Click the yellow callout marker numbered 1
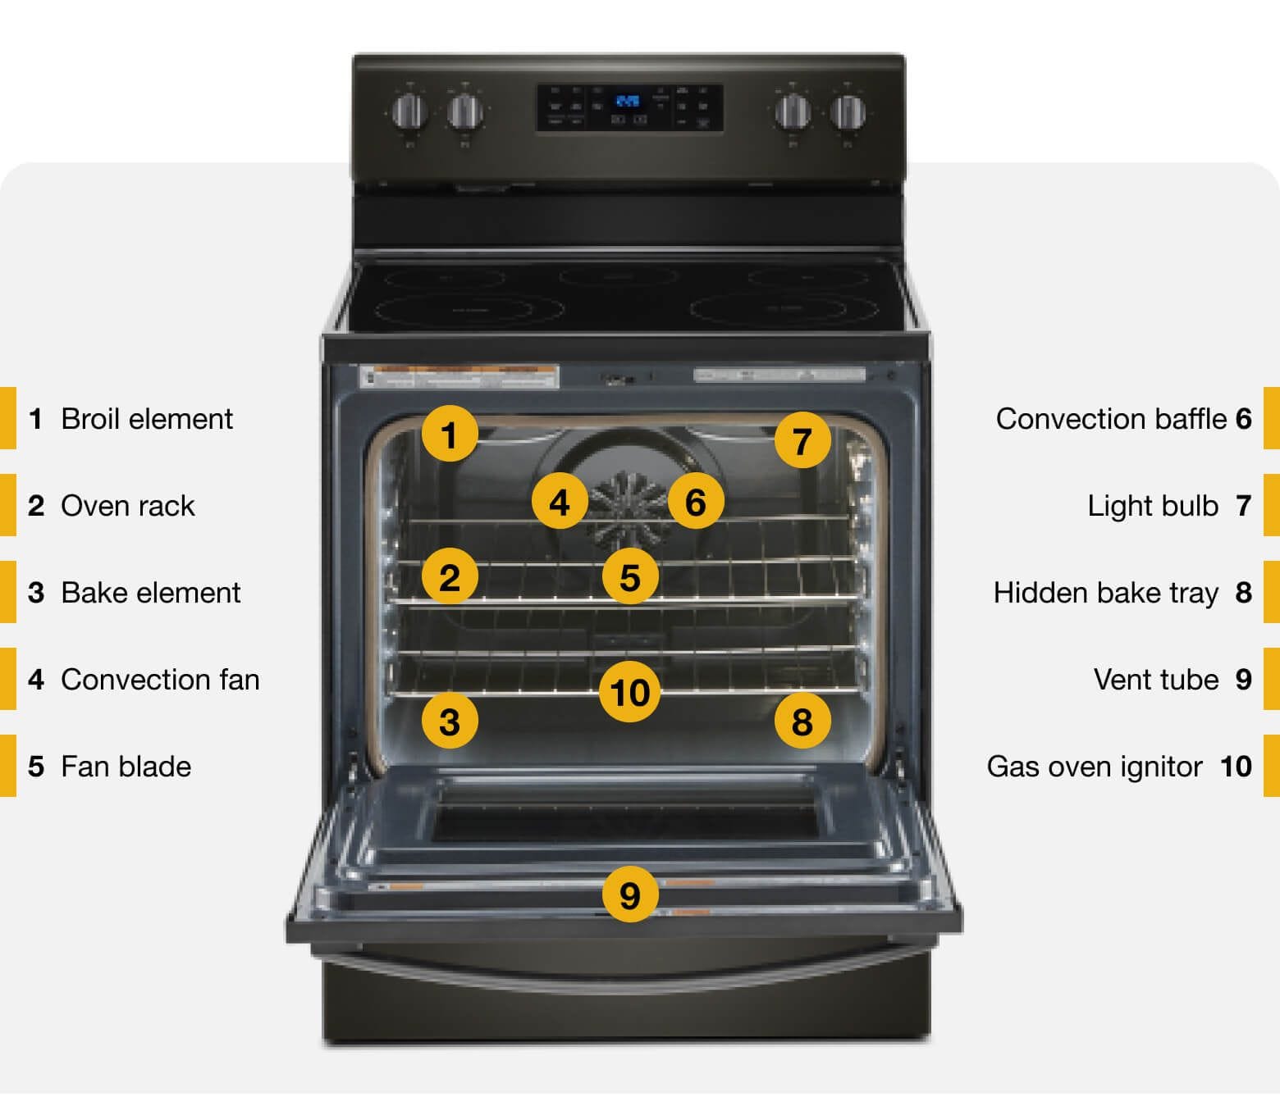[x=450, y=435]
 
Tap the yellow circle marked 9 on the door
[x=629, y=894]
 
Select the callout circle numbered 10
[x=629, y=693]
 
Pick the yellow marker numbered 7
[x=802, y=440]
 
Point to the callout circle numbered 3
[x=450, y=721]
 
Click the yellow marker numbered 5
[x=629, y=577]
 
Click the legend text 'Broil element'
[x=147, y=419]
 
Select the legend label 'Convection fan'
[x=160, y=680]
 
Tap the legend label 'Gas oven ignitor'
[x=1094, y=767]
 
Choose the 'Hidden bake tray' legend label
[x=1105, y=593]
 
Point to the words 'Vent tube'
[x=1155, y=680]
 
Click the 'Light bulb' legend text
[x=1152, y=506]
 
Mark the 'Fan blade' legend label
[x=126, y=767]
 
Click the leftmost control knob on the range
[x=409, y=111]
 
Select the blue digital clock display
[x=628, y=102]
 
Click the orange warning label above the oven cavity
[x=459, y=376]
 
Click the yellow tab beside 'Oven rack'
[x=7, y=505]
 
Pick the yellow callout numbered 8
[x=802, y=721]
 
